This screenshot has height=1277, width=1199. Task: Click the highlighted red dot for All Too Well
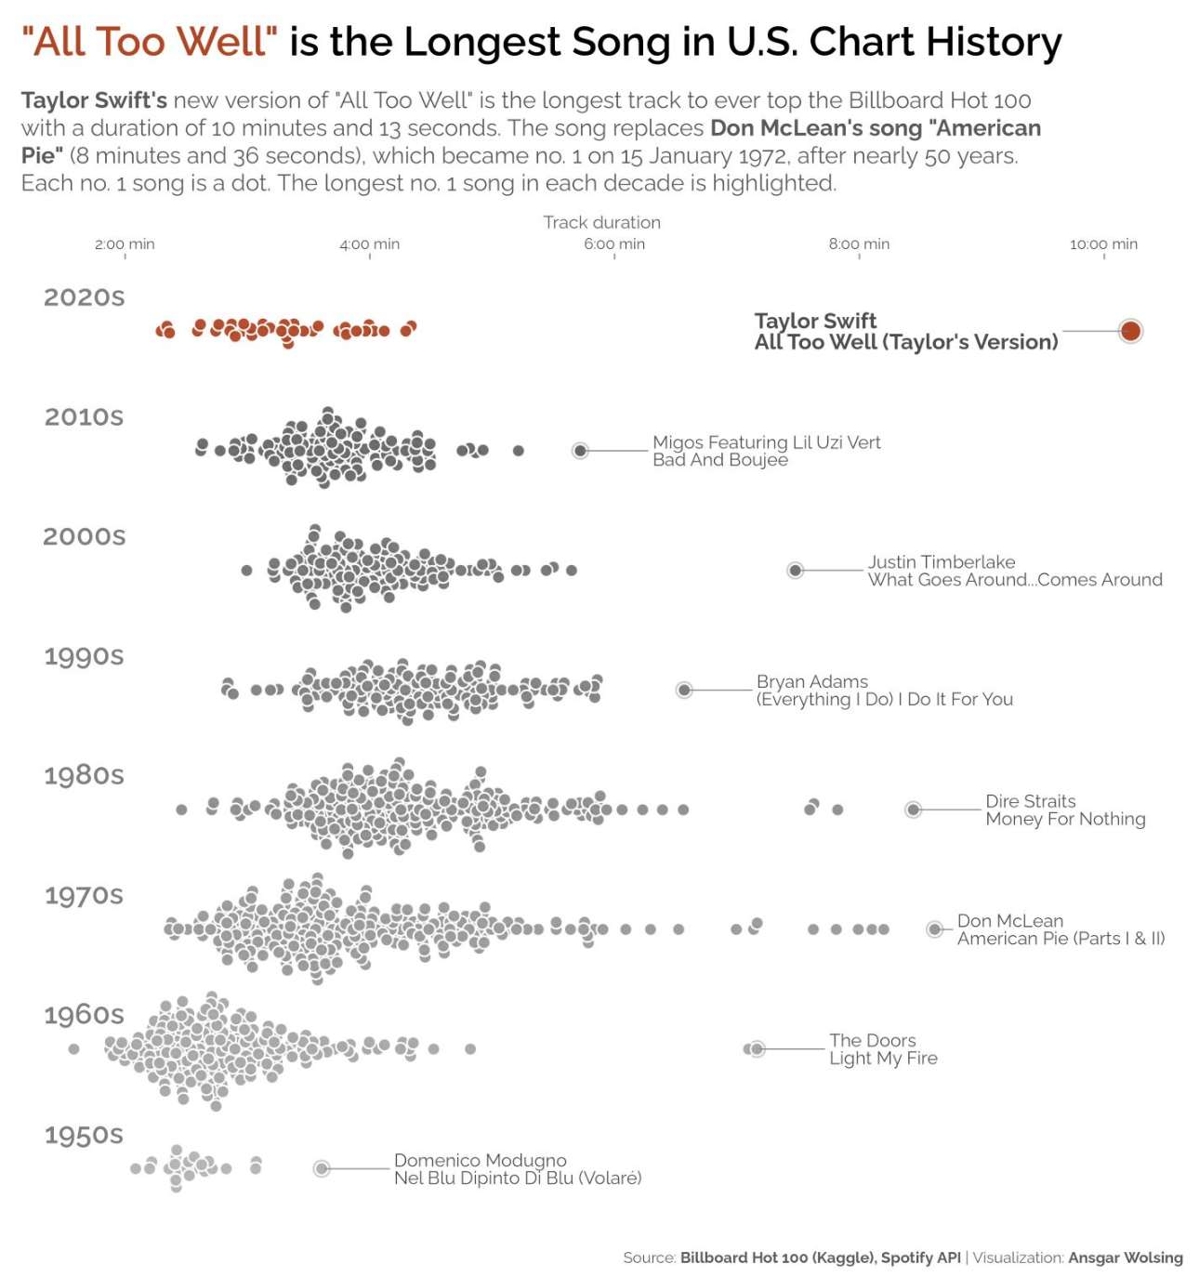[1130, 331]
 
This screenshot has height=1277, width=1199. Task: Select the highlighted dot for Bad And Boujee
[580, 451]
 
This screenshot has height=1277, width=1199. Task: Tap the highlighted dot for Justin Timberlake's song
[795, 570]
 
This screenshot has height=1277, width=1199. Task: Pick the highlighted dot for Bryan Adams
[684, 690]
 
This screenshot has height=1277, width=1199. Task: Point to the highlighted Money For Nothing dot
[914, 810]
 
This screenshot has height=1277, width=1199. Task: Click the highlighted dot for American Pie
[934, 929]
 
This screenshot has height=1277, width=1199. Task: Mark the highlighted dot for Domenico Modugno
[322, 1168]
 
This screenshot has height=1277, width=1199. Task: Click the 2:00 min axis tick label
[125, 244]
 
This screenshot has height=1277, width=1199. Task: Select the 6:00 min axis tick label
[614, 244]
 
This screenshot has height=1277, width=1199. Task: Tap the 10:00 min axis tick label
[1103, 244]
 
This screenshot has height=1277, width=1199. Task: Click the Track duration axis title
[602, 222]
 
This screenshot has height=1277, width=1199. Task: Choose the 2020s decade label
[84, 297]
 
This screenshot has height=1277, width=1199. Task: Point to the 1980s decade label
[84, 775]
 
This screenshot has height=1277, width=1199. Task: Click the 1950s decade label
[84, 1135]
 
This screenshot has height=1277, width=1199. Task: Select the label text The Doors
[873, 1040]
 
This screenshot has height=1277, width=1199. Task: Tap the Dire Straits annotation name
[1030, 801]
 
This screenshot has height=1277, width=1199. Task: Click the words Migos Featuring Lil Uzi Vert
[766, 442]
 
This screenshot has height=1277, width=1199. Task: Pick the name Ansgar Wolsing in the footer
[1126, 1257]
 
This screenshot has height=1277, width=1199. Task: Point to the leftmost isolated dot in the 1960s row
[74, 1048]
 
